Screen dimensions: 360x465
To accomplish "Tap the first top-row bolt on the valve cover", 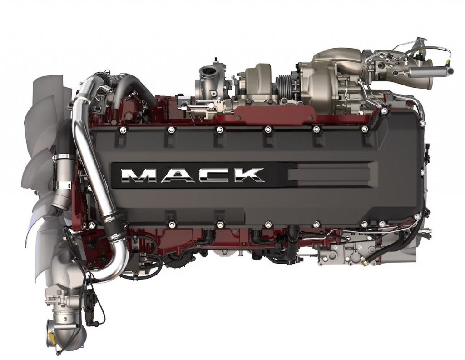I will pos(122,130).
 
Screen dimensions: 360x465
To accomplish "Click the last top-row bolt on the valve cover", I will pos(364,130).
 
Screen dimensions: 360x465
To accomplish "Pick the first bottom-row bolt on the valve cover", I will pos(92,225).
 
